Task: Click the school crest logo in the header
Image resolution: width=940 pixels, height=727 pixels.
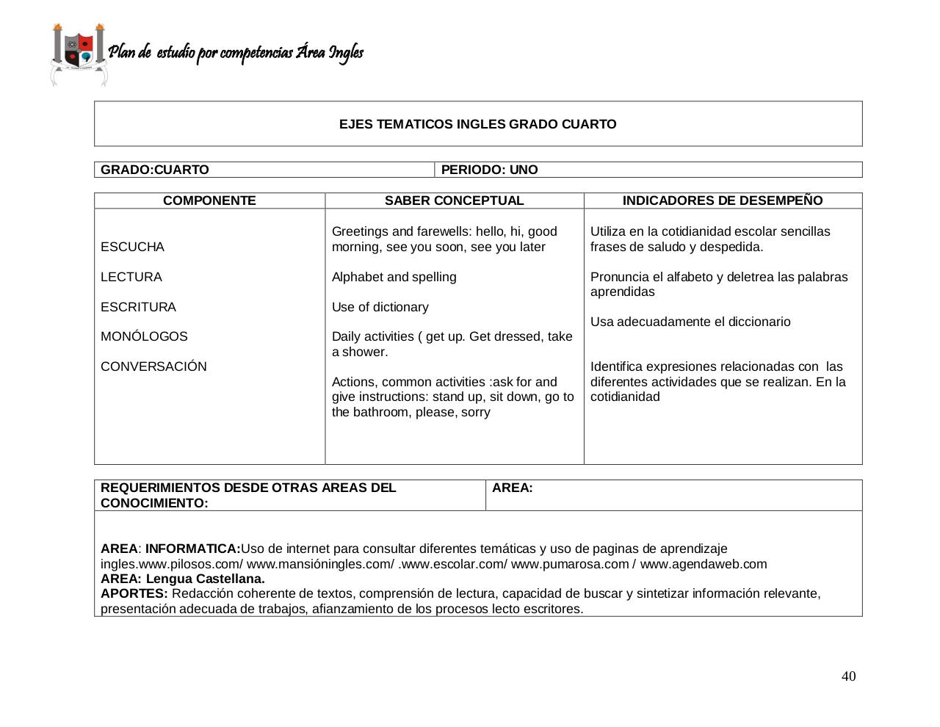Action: (x=79, y=54)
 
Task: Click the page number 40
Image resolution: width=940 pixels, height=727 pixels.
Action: (x=848, y=676)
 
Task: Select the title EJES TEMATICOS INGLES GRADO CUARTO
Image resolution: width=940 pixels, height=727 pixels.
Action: (x=477, y=124)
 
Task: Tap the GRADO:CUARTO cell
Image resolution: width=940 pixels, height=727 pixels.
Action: (x=155, y=170)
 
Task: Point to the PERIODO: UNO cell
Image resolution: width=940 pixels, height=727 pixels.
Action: (x=489, y=170)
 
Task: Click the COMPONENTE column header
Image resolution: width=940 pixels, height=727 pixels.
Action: (x=209, y=200)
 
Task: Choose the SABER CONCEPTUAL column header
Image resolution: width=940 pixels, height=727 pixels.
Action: (x=454, y=200)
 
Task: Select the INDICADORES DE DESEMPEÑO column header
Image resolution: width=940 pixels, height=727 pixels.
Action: (x=723, y=200)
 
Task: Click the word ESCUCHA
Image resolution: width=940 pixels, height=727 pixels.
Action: (x=132, y=247)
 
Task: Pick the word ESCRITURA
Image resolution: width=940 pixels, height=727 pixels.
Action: (x=138, y=307)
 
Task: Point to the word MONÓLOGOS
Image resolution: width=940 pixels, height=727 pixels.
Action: (x=144, y=336)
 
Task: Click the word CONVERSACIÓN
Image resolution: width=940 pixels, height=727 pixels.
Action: (x=153, y=366)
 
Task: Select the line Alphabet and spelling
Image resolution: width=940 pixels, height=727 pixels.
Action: (x=394, y=277)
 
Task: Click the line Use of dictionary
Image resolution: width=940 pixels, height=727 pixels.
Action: (x=380, y=307)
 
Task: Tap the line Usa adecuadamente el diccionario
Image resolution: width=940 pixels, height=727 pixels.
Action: (x=690, y=322)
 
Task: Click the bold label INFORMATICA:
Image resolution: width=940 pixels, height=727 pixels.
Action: (x=192, y=549)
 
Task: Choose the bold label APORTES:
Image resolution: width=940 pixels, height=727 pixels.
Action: (x=134, y=593)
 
